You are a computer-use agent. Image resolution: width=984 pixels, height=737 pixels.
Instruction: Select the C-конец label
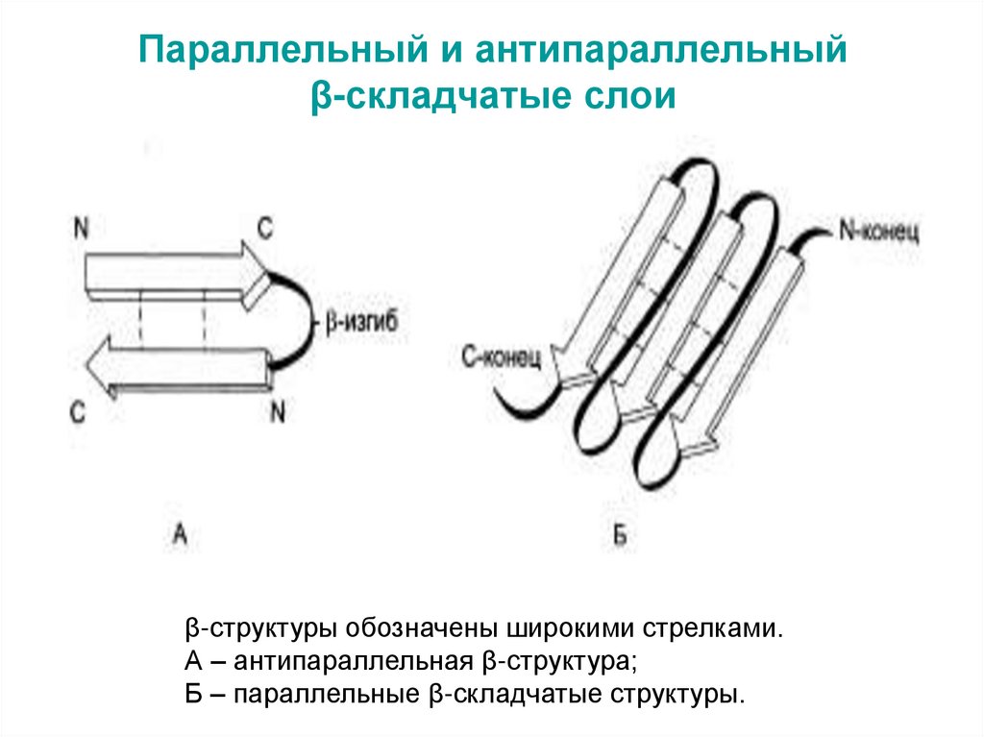click(x=501, y=358)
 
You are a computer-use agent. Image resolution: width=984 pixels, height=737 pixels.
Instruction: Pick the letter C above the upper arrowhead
click(x=265, y=227)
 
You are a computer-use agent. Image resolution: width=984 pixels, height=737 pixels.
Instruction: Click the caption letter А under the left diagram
click(x=180, y=535)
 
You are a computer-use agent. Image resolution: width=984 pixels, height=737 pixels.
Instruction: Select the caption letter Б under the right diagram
click(x=619, y=537)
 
